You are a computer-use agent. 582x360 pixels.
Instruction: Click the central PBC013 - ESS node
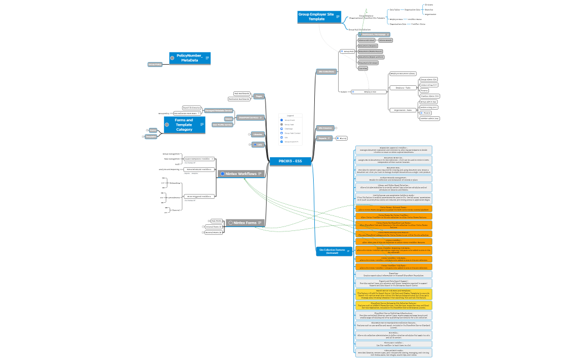pos(291,161)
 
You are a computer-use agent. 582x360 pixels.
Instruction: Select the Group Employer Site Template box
pos(316,17)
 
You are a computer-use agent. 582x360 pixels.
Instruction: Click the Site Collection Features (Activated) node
pos(333,251)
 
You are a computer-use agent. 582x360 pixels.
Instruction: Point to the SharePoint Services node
pos(250,117)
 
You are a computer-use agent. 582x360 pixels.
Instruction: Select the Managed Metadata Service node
pos(218,111)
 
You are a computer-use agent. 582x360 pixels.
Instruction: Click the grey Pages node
pos(258,96)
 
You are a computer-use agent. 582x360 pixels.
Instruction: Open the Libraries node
pos(257,134)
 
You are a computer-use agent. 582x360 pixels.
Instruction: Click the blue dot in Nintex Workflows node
pos(223,174)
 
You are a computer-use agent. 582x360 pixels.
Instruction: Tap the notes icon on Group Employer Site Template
pos(338,17)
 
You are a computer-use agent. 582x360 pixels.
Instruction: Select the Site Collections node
pos(326,71)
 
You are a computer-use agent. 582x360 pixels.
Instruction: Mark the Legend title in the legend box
pos(290,116)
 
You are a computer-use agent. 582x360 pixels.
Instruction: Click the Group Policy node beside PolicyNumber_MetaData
pos(155,64)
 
